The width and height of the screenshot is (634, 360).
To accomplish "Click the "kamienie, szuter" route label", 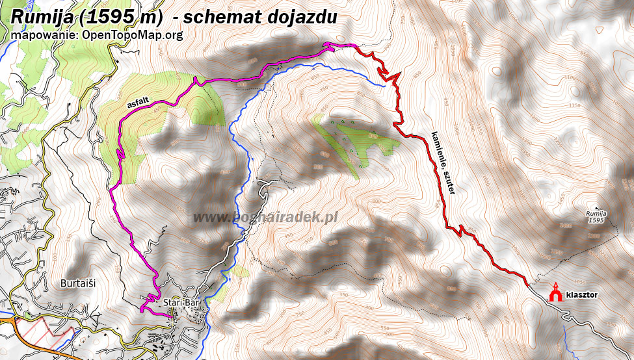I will click(x=442, y=163).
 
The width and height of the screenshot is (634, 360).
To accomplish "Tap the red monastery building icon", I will click(x=555, y=292).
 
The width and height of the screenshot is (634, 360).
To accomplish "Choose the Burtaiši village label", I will click(x=78, y=284).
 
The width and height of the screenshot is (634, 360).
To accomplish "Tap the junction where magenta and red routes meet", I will click(x=355, y=45).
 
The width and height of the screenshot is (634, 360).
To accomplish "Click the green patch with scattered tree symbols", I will click(x=351, y=140).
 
